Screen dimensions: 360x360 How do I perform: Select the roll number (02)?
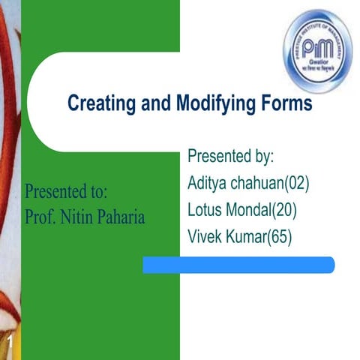tap(293, 183)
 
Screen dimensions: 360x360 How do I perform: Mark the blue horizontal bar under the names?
tap(238, 264)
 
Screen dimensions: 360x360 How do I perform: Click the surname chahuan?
tap(253, 183)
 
